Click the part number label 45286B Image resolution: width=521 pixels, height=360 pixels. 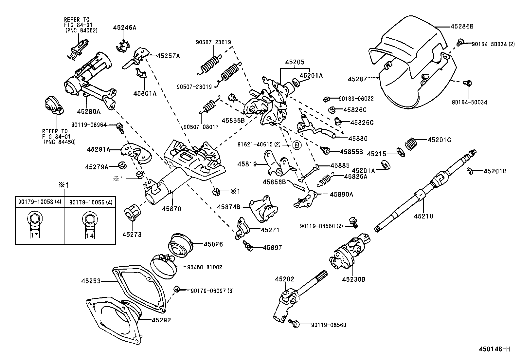pyautogui.click(x=462, y=26)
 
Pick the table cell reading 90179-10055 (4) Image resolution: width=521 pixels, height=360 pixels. pyautogui.click(x=91, y=202)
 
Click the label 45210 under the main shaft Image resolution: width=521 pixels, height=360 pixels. pyautogui.click(x=423, y=216)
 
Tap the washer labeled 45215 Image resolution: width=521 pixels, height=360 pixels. pyautogui.click(x=400, y=152)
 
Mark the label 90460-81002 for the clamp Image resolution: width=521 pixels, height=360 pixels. pyautogui.click(x=205, y=267)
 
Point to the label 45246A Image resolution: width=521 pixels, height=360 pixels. pyautogui.click(x=124, y=28)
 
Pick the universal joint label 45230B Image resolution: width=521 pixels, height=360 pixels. pyautogui.click(x=353, y=279)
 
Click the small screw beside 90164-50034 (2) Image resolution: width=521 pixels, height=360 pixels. pyautogui.click(x=460, y=42)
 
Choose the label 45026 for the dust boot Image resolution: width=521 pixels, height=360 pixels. pyautogui.click(x=213, y=244)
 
